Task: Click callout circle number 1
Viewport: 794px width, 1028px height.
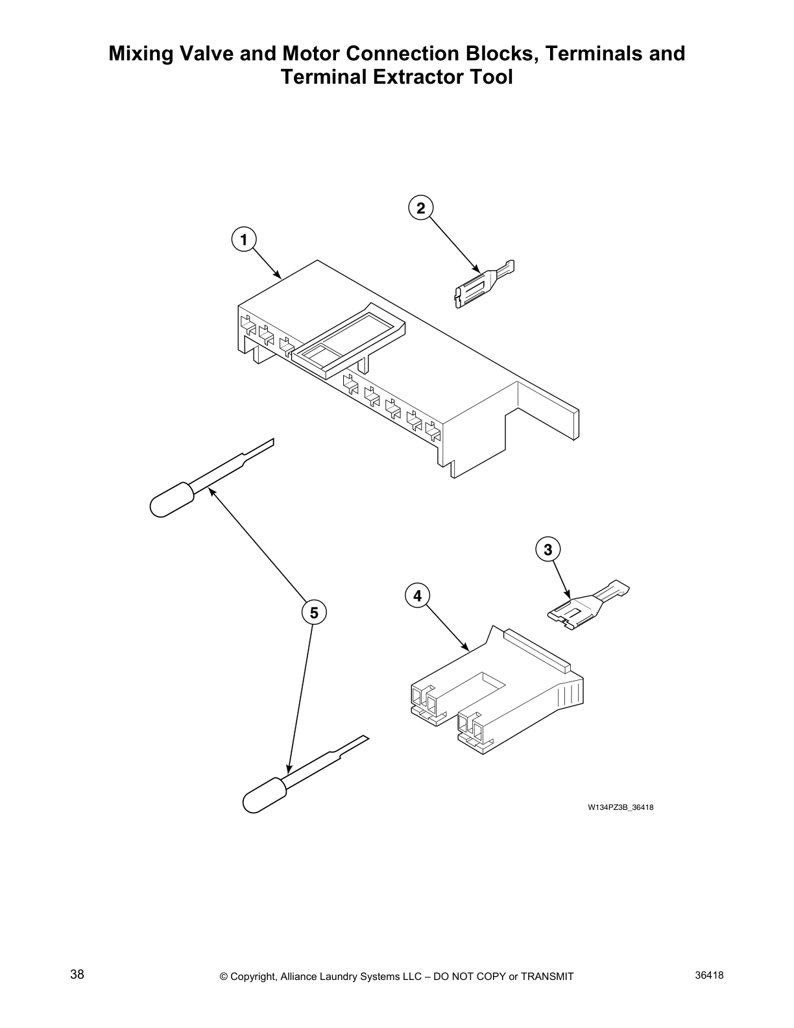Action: tap(243, 240)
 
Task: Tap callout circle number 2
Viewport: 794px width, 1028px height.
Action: tap(420, 208)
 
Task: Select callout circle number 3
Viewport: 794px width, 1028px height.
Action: tap(547, 550)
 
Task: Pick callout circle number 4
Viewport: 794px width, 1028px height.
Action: tap(417, 596)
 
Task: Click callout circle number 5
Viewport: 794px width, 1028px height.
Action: tap(313, 612)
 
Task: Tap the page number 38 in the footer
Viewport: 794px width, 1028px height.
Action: tap(77, 975)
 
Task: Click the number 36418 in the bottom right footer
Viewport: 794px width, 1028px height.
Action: tap(708, 975)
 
